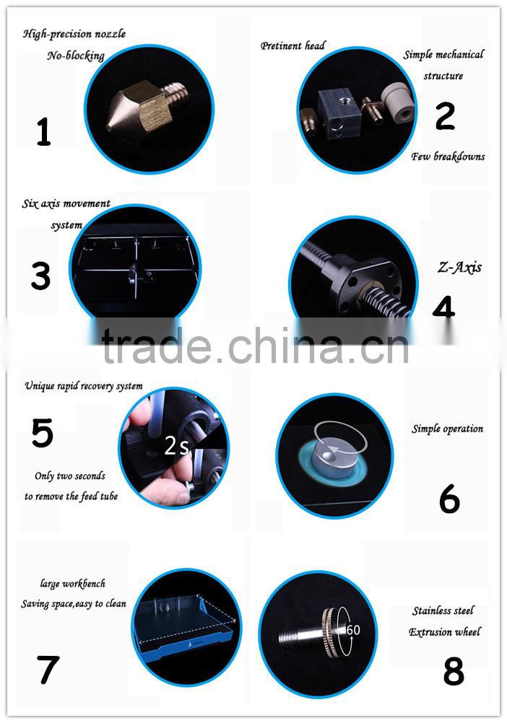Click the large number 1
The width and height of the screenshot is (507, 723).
(x=43, y=132)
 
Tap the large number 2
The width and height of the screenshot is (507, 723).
(x=445, y=116)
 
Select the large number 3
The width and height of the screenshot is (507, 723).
(x=40, y=276)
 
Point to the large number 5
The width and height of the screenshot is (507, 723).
(x=42, y=433)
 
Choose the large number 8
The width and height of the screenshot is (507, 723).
(x=453, y=672)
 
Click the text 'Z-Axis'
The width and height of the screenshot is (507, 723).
(x=459, y=268)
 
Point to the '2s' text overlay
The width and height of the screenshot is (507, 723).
(x=176, y=447)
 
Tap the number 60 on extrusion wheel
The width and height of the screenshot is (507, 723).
(x=353, y=629)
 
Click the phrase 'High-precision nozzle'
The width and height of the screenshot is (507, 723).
(x=74, y=33)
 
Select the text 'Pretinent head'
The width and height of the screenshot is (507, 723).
(x=292, y=45)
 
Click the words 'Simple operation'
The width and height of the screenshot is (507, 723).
(x=447, y=429)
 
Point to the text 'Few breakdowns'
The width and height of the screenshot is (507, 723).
(x=448, y=157)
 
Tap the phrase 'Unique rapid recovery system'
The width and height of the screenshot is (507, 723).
(x=84, y=386)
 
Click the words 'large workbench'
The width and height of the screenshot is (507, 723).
(x=72, y=584)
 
